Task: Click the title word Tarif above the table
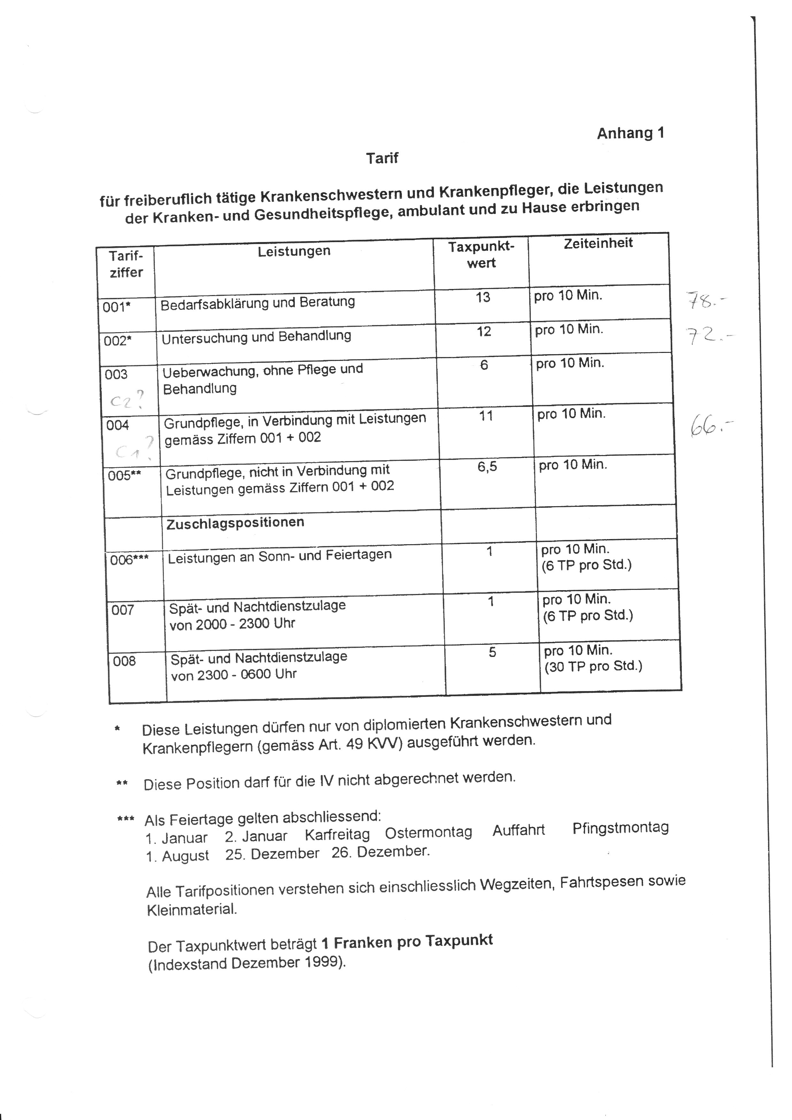tap(382, 158)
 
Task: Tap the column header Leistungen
tap(294, 251)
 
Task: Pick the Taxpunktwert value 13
tap(483, 297)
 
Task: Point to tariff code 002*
tap(118, 340)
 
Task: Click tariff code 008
tap(124, 661)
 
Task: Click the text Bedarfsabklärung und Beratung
tap(257, 303)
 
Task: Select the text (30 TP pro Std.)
tap(593, 666)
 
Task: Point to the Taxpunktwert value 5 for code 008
tap(492, 652)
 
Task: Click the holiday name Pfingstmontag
tap(620, 827)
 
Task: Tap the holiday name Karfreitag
tap(337, 834)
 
